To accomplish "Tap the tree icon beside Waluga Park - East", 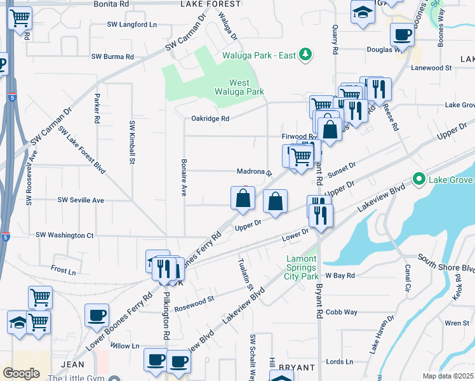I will coord(306,55).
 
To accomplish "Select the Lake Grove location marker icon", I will coord(418,180).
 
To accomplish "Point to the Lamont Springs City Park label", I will coord(300,268).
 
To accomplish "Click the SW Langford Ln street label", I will coord(131,25).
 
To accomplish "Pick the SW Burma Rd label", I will coord(112,57).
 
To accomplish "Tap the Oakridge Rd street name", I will coord(210,118).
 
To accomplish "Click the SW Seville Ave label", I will coord(81,200).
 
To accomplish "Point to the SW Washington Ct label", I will coord(65,236).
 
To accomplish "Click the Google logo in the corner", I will coord(21,373).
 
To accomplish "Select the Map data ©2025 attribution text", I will coord(447,376).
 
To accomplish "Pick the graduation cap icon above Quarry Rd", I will coord(363,13).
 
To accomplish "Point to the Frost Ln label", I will coord(63,271).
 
